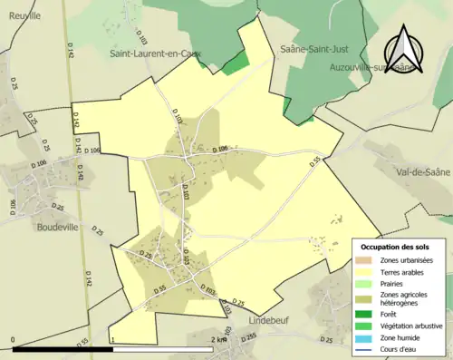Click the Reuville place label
click(x=21, y=15)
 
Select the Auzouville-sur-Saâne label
click(x=386, y=67)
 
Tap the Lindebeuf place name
click(x=268, y=321)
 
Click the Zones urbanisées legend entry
click(x=407, y=260)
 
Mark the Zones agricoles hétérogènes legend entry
click(x=404, y=299)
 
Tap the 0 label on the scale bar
click(x=14, y=339)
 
